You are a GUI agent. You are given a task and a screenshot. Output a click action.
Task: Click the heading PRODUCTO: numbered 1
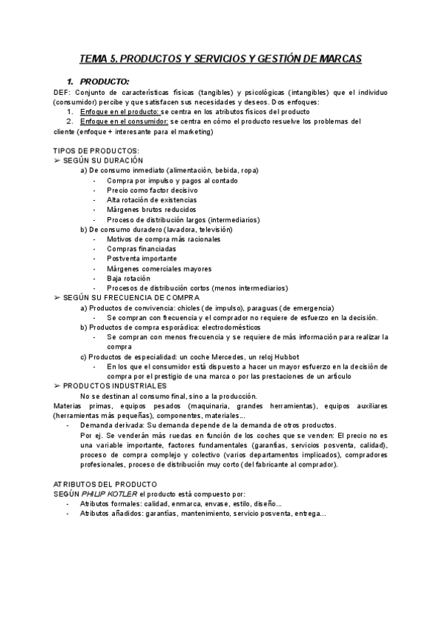[x=105, y=81]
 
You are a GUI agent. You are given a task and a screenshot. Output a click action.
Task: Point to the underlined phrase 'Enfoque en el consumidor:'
[x=123, y=121]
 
